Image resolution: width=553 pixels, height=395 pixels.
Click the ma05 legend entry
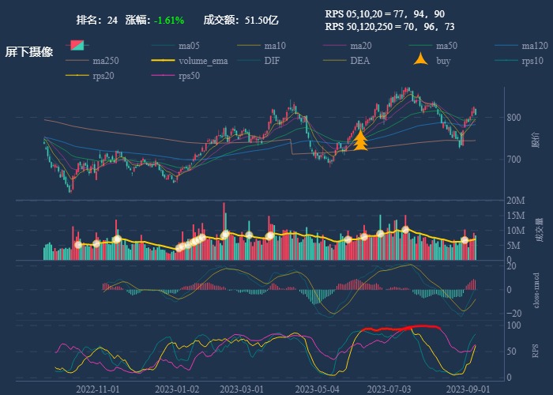(x=188, y=45)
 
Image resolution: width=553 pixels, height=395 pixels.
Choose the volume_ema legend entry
(x=203, y=60)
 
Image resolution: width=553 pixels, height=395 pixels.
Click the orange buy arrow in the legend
(x=421, y=60)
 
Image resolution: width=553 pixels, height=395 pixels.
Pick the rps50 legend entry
(x=189, y=75)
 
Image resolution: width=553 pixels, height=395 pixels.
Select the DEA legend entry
(x=359, y=60)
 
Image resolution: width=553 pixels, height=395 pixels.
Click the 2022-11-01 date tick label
(x=98, y=389)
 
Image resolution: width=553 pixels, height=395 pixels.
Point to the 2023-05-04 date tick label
(x=318, y=389)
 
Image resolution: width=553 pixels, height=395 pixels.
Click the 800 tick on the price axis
(x=514, y=118)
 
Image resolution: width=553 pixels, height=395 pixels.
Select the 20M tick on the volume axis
(x=517, y=200)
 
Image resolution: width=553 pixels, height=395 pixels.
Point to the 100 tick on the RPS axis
(x=514, y=325)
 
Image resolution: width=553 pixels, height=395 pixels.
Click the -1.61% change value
(x=169, y=20)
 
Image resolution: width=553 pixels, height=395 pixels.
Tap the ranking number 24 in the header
(x=112, y=20)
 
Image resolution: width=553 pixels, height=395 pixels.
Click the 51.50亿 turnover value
(x=261, y=20)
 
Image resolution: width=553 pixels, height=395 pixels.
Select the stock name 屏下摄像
(x=29, y=52)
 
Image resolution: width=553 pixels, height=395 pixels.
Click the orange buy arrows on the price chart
(x=360, y=141)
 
